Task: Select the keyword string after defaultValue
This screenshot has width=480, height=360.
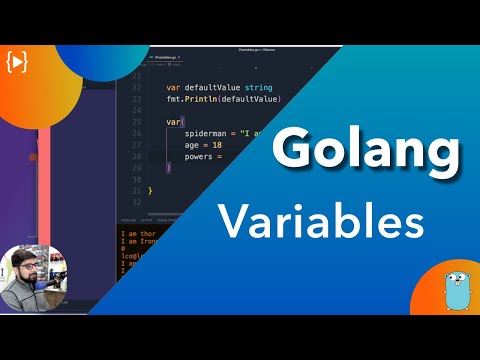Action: click(257, 87)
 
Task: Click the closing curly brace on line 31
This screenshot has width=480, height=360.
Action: click(150, 189)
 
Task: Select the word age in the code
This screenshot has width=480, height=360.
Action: click(194, 144)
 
